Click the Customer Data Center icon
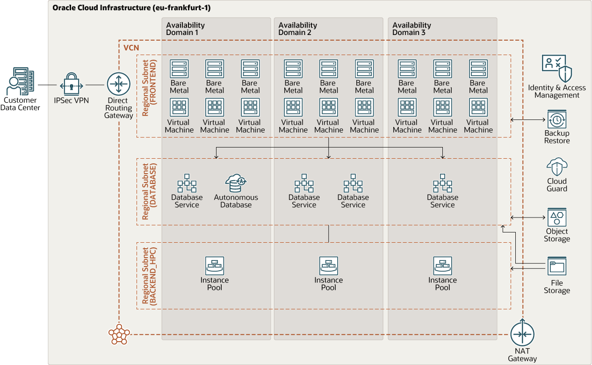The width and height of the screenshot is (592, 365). [20, 81]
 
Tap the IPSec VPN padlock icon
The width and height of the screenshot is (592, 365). [72, 84]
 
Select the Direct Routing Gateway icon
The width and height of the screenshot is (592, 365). [118, 84]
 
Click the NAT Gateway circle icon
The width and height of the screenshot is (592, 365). [522, 333]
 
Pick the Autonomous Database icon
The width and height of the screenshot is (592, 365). [236, 183]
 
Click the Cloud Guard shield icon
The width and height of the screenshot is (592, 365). [557, 167]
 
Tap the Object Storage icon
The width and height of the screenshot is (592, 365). [557, 217]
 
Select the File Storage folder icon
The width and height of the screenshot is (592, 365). [557, 266]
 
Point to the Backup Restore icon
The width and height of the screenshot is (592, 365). [557, 119]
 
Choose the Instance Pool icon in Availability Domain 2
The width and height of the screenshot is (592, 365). [329, 266]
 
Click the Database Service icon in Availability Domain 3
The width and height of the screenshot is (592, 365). [442, 183]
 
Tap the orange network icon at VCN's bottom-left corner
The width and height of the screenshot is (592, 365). [119, 334]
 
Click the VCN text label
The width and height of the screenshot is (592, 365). [131, 48]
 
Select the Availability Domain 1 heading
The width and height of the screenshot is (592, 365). [185, 29]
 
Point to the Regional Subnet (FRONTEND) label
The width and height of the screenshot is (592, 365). [149, 88]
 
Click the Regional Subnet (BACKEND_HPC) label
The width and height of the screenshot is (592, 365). [149, 276]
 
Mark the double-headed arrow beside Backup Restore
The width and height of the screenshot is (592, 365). [528, 119]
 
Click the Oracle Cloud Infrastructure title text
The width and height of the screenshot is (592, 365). [131, 7]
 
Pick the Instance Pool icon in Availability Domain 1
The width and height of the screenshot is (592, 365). [215, 266]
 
